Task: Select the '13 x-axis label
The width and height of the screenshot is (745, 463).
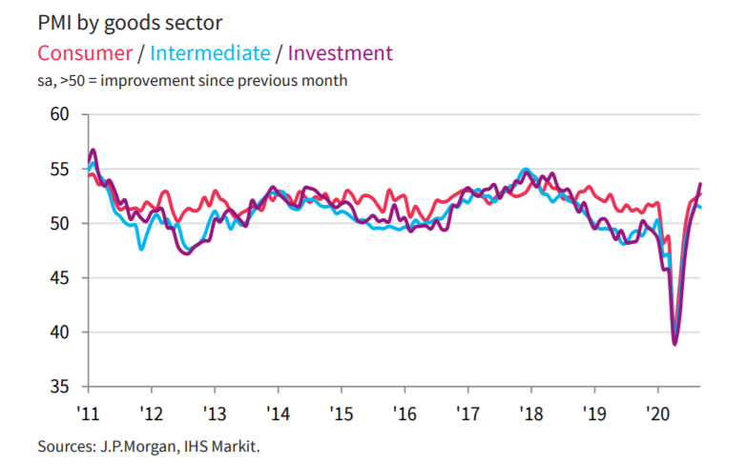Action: (215, 413)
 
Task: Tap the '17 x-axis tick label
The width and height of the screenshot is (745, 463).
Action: (467, 413)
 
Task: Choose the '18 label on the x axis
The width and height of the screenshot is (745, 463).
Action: (530, 413)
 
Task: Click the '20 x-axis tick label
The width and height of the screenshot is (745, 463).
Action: (657, 413)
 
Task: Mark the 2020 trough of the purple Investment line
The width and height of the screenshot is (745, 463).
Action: (675, 344)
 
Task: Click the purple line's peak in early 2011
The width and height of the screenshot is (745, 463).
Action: (93, 151)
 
